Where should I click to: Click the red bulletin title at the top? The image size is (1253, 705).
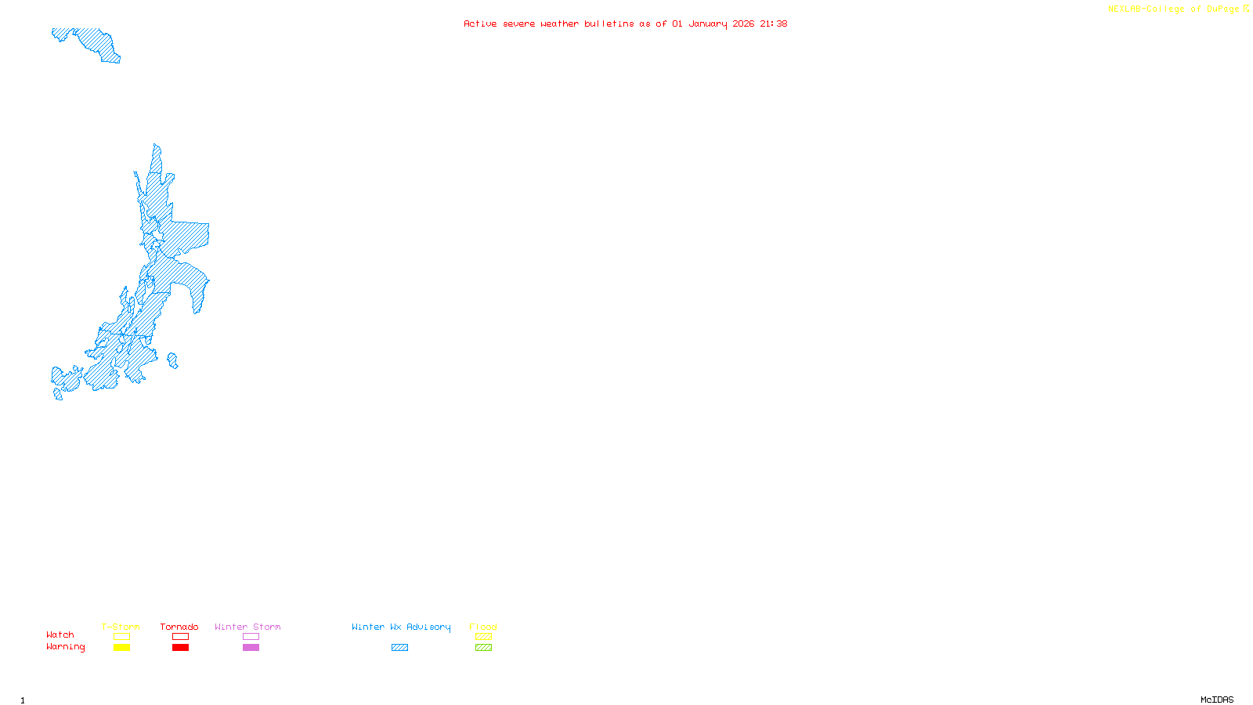(625, 23)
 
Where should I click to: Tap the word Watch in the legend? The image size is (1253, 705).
(60, 634)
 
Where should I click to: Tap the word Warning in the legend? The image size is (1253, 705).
(65, 647)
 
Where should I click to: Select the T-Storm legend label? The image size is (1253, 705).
(121, 627)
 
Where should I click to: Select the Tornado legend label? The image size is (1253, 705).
(179, 627)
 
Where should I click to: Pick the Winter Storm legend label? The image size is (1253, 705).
(247, 627)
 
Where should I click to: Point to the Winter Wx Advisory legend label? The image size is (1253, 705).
(401, 627)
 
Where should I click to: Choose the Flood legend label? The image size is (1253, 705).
(483, 627)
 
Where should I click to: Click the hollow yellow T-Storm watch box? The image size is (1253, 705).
(121, 637)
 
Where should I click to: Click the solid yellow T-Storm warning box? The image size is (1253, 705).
(121, 648)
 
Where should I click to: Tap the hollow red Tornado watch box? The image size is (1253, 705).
(180, 637)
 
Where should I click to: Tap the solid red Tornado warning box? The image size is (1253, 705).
(180, 648)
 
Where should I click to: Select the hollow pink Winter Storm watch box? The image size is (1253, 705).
(251, 637)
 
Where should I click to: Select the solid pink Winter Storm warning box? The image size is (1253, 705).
(251, 648)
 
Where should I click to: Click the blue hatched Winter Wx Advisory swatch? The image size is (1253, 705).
(399, 648)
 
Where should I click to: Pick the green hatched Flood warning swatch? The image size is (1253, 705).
(483, 648)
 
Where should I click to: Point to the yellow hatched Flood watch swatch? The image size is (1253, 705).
(483, 637)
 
